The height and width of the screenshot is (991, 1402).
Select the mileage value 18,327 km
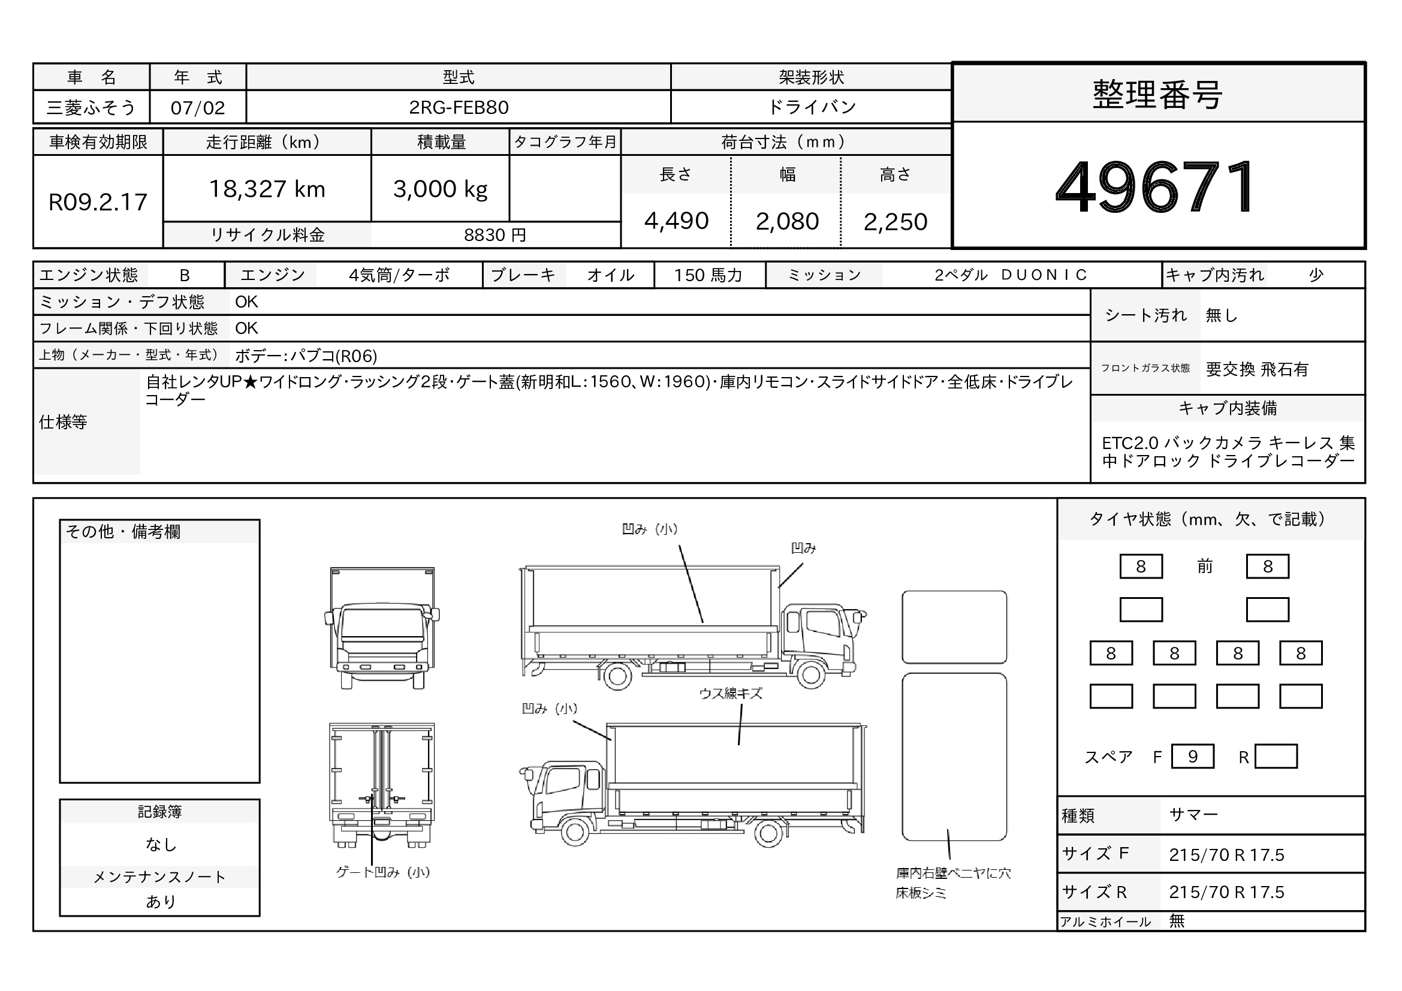click(x=267, y=189)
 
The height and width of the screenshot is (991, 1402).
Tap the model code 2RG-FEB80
click(x=459, y=107)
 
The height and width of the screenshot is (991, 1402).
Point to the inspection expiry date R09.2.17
click(x=98, y=202)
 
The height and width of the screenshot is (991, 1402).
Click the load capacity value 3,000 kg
click(x=441, y=189)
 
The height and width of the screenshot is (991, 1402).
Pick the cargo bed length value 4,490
click(x=676, y=221)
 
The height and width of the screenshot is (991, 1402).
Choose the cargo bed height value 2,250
click(x=895, y=222)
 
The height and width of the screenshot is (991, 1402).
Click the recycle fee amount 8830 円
click(x=495, y=235)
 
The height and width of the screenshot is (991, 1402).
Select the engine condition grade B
click(x=185, y=275)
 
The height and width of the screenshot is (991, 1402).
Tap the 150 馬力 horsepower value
click(x=708, y=275)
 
